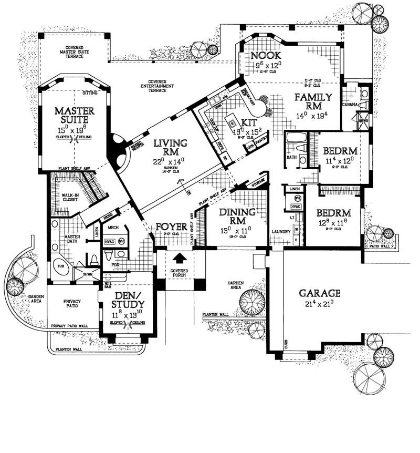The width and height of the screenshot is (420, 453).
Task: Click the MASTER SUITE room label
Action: [x=75, y=116]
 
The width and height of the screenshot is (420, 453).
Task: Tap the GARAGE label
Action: [x=320, y=293]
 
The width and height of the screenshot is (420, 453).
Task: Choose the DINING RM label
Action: [x=238, y=217]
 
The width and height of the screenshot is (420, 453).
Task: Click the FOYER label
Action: [x=172, y=227]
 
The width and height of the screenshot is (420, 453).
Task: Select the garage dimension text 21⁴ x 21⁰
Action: [x=319, y=304]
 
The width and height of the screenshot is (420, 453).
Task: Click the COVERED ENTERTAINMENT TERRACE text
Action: [x=157, y=86]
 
